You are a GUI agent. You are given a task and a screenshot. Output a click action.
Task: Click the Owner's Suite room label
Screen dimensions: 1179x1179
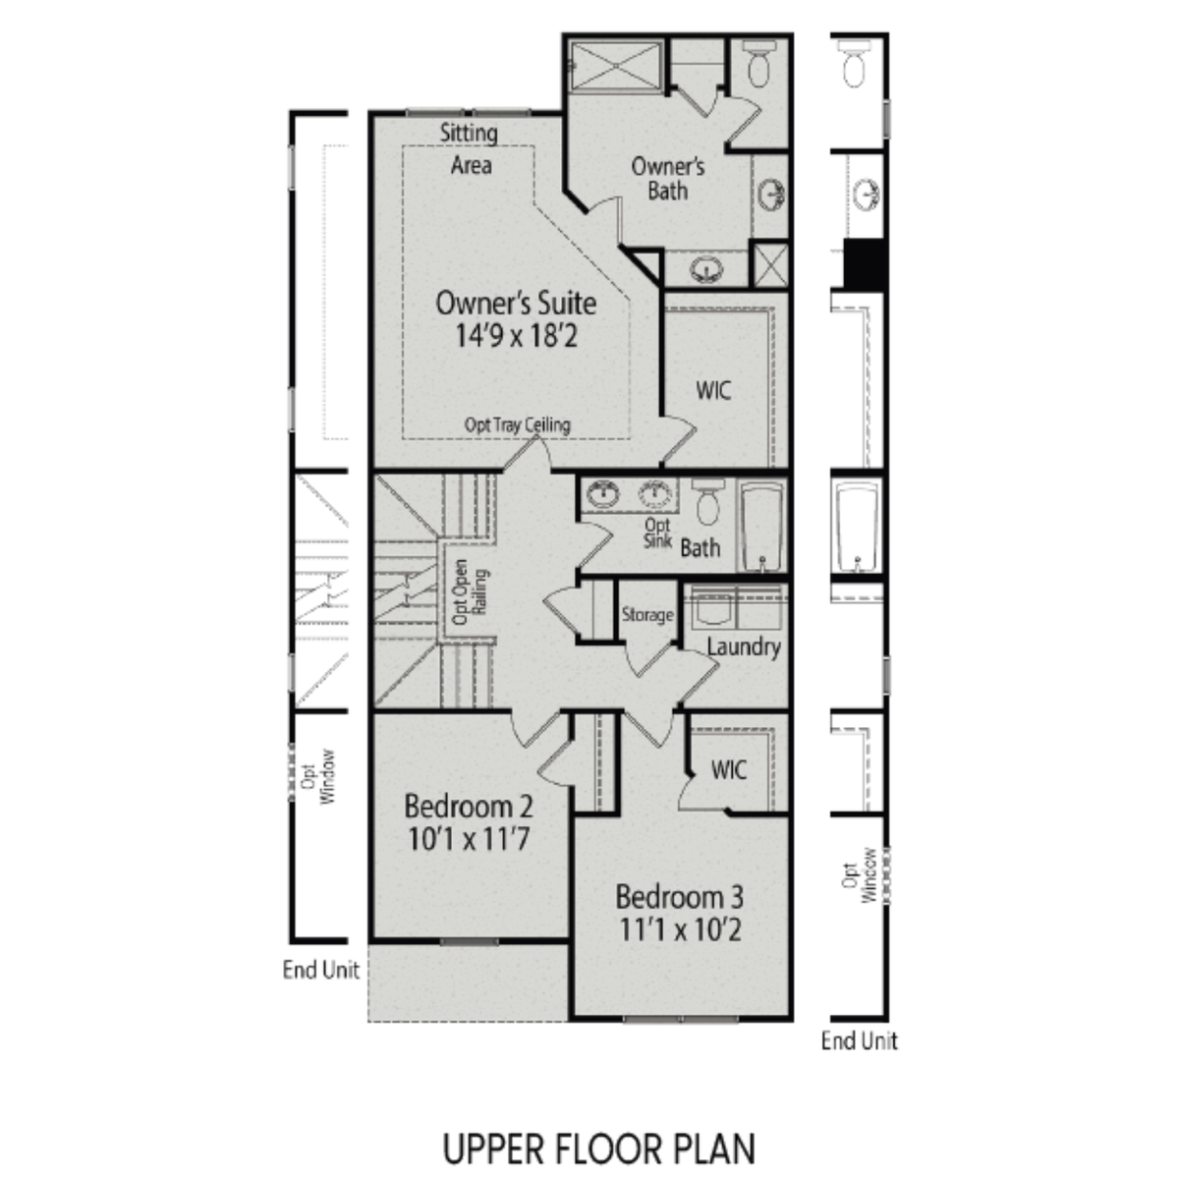(515, 302)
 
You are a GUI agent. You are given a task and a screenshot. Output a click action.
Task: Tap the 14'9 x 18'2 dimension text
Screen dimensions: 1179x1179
(515, 336)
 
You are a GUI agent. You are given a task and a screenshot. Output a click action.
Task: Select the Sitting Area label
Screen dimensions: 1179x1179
(470, 148)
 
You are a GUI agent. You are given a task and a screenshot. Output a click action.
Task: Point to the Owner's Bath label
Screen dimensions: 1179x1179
(667, 177)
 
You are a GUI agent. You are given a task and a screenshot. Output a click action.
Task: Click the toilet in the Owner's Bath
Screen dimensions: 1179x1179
(758, 65)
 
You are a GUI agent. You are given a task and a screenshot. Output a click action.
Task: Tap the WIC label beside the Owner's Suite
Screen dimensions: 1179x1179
(713, 390)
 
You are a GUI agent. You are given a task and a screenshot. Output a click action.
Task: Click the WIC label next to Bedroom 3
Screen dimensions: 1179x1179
(728, 769)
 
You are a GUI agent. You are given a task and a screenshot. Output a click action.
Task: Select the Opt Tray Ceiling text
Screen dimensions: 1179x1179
(517, 424)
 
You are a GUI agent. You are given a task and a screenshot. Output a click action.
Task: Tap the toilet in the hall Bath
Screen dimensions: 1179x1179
(707, 502)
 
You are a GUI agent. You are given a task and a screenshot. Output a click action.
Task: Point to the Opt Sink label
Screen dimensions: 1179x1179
(657, 533)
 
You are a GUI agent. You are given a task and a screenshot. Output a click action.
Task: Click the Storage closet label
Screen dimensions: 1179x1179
(646, 615)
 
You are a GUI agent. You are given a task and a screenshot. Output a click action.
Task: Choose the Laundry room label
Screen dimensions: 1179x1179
(744, 646)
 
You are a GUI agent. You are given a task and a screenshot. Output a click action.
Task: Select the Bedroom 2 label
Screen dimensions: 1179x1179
(469, 807)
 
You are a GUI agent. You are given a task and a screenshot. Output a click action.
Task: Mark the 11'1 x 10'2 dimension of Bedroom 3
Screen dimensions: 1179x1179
(680, 929)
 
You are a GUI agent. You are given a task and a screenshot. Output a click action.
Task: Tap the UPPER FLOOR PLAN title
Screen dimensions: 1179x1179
(598, 1148)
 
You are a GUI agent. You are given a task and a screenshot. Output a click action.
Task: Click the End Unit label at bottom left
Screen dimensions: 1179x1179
(320, 970)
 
